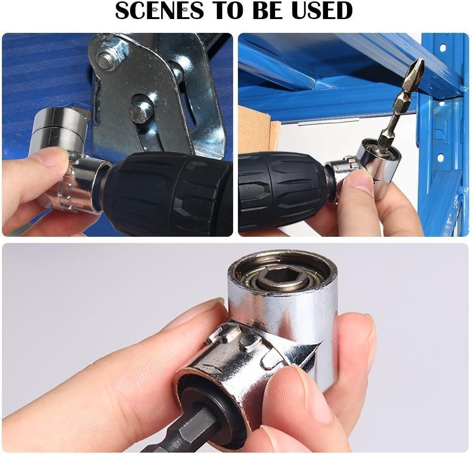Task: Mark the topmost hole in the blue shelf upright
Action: point(443,48)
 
